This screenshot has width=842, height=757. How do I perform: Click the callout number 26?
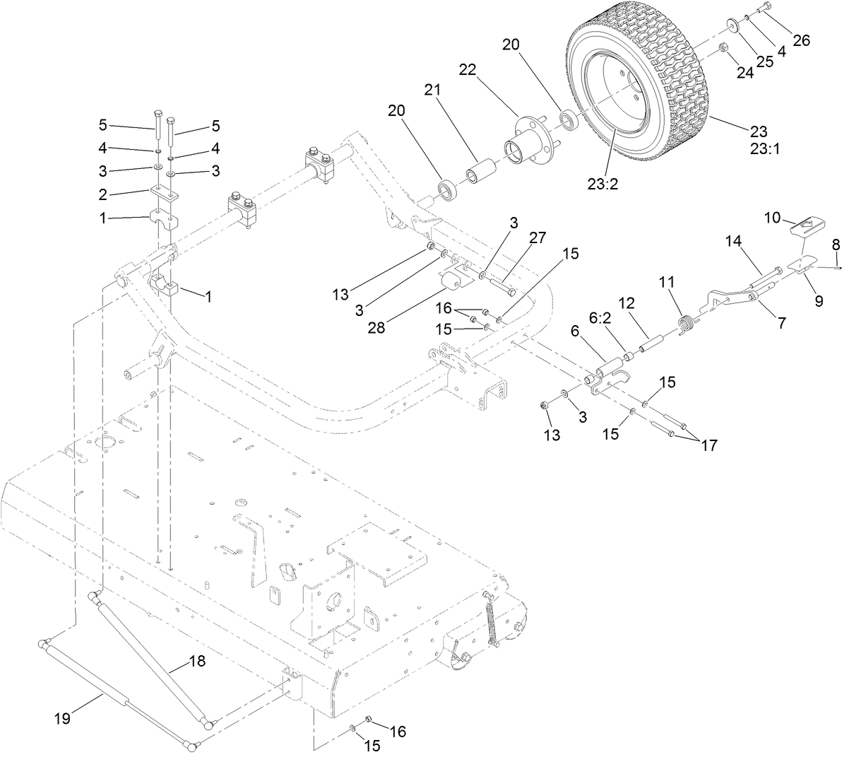(801, 40)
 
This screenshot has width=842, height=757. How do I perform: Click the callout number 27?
(538, 238)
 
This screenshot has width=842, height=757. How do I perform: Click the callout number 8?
(836, 245)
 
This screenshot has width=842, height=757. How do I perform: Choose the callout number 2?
(103, 192)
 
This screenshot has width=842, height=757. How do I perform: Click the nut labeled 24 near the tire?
(724, 48)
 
